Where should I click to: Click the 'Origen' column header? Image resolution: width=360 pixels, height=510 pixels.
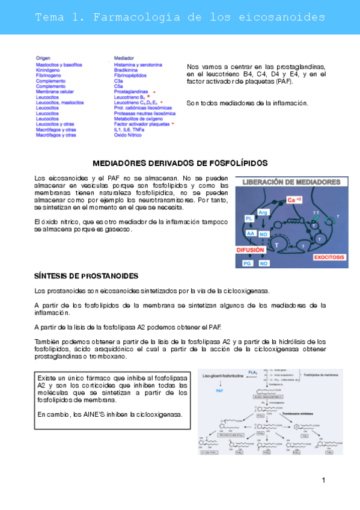pos(43,58)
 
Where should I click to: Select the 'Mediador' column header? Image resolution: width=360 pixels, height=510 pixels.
pos(124,58)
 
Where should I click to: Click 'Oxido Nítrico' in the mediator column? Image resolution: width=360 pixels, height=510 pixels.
pos(129,135)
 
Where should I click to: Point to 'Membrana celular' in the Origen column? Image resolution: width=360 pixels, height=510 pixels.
pos(55,91)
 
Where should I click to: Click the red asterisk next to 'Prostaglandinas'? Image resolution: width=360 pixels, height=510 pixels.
pos(154,91)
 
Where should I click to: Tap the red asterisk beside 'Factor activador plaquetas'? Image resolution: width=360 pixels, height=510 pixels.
pos(172,124)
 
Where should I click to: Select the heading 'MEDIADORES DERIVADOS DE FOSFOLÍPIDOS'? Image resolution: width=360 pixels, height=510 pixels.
pos(180,163)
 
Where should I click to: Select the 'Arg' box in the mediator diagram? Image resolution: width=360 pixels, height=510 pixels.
pos(263,212)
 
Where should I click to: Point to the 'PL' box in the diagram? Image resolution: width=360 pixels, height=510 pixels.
pos(248,218)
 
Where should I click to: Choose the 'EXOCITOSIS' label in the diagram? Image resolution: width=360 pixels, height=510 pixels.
pos(329,257)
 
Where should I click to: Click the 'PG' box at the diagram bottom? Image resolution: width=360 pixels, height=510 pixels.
pos(247,263)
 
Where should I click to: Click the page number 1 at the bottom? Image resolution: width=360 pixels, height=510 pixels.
pos(323,479)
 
